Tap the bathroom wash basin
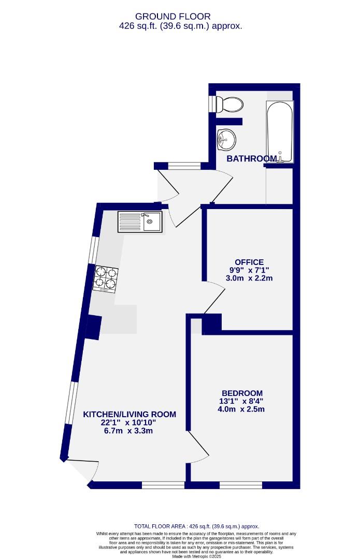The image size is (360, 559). [226, 138]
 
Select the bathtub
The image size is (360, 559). [280, 132]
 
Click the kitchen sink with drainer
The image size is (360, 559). [140, 222]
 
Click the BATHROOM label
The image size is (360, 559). [251, 158]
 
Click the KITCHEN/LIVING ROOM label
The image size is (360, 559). [130, 414]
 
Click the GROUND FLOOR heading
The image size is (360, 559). [180, 16]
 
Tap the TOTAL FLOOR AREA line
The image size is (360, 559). [196, 526]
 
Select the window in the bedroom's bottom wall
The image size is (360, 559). [241, 485]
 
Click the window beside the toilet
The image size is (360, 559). [212, 103]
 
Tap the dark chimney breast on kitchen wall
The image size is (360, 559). [93, 327]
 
